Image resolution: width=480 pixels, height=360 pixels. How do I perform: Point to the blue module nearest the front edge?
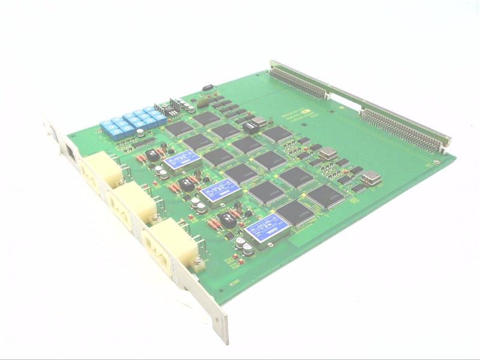(x=267, y=230)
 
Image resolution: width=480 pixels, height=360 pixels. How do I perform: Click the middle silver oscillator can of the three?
(x=328, y=154)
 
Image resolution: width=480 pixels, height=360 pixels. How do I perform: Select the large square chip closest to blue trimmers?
(x=178, y=128)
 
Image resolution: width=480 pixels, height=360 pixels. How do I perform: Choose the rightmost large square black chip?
(x=325, y=196)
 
